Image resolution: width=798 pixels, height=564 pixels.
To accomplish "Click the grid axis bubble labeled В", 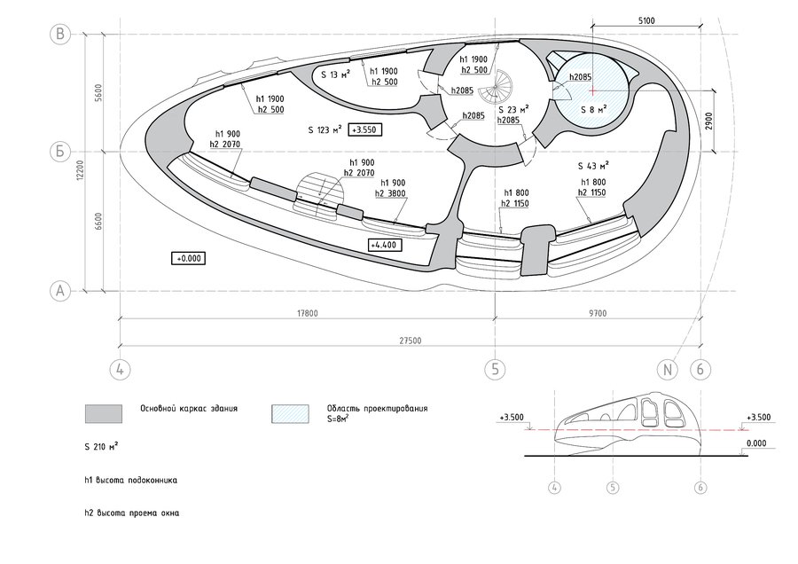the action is click(60, 34).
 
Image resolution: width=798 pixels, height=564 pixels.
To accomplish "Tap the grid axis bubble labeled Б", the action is click(60, 152).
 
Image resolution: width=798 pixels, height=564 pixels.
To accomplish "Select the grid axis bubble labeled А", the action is click(60, 291).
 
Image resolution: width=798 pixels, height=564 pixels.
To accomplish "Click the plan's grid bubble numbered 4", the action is click(120, 369).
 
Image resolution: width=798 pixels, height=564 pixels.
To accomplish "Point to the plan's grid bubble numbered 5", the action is click(495, 369).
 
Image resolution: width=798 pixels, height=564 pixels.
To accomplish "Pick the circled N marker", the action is click(668, 369).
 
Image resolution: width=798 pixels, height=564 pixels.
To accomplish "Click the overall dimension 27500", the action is click(410, 341).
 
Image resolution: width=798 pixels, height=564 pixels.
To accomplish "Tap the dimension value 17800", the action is click(308, 313).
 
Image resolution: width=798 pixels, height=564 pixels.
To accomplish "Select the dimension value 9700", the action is click(598, 313).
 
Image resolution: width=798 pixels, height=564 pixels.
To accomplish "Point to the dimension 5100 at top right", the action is click(645, 21).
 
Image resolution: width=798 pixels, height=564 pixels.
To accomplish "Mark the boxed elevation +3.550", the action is click(364, 129).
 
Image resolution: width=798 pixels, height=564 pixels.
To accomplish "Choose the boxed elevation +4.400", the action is click(384, 245).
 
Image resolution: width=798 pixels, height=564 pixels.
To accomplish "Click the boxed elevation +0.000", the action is click(189, 259).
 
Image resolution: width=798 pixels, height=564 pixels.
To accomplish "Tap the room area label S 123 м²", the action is click(325, 129).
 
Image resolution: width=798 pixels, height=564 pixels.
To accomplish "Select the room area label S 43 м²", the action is click(593, 166).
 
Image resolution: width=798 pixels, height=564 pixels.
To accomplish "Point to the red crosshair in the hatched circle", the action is click(592, 90).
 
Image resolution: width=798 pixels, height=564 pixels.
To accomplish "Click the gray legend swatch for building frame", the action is click(104, 414).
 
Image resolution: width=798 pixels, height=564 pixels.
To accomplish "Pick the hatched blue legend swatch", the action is click(290, 414).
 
